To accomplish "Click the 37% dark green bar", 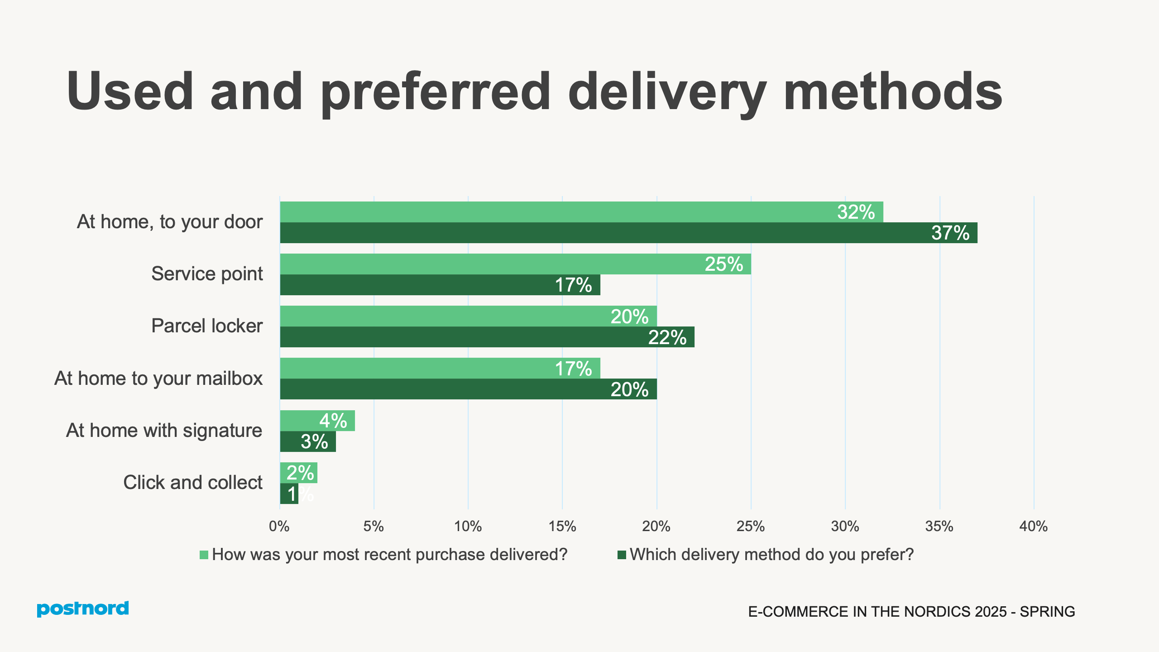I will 628,233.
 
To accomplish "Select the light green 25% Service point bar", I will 515,264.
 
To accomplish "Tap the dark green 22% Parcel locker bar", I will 487,337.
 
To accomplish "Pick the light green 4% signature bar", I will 317,421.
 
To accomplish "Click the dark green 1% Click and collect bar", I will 289,494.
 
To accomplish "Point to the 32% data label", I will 856,212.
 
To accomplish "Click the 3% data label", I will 314,441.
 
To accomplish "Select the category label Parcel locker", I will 207,326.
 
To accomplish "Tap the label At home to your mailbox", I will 158,378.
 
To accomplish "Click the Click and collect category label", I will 193,482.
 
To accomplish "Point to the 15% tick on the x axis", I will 562,526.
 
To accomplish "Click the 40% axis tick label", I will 1033,526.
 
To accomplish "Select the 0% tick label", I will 279,526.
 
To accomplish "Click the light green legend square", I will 204,555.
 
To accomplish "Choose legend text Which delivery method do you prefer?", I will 771,555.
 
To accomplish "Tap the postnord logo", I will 83,609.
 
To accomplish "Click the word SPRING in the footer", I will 1047,612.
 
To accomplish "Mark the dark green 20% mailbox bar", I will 468,389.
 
